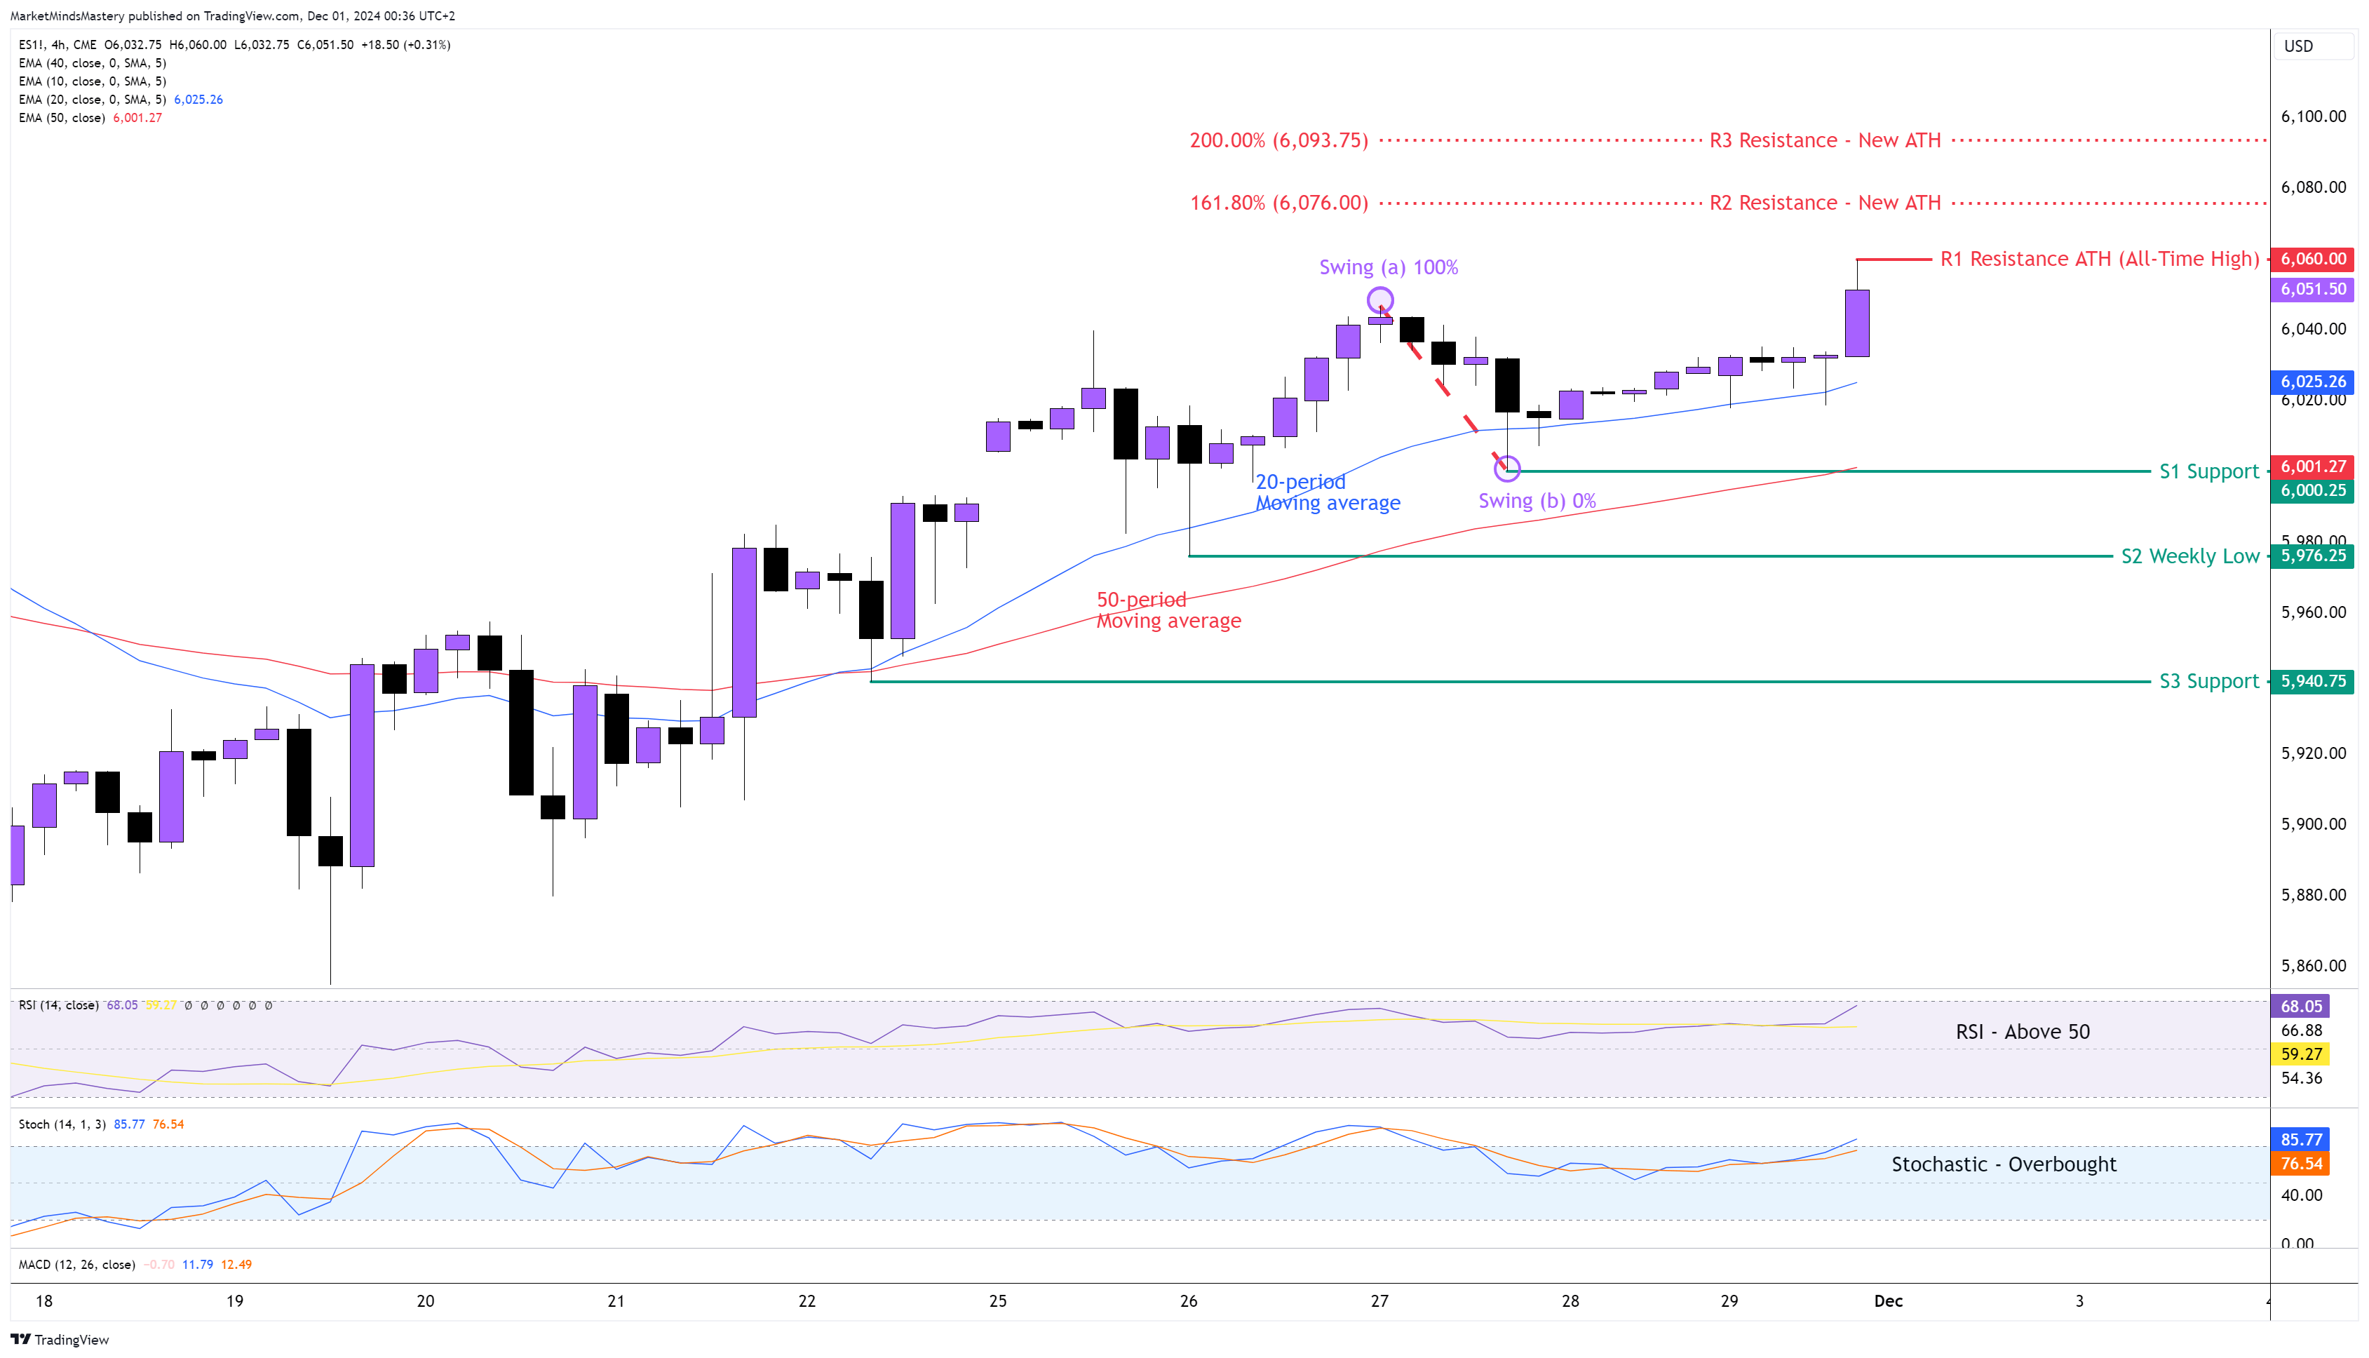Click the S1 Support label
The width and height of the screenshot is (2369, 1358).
click(x=2208, y=472)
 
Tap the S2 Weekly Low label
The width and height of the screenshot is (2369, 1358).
click(x=2189, y=557)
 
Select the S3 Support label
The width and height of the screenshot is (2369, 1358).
click(x=2208, y=682)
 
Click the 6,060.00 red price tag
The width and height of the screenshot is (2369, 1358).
click(x=2311, y=260)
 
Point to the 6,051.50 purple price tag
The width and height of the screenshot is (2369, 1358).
click(x=2311, y=289)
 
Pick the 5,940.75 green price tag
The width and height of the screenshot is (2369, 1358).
click(x=2311, y=682)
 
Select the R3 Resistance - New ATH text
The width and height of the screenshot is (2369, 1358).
click(x=1825, y=141)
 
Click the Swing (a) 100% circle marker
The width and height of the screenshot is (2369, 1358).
click(x=1380, y=300)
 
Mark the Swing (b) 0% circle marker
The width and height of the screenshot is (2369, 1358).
click(x=1506, y=468)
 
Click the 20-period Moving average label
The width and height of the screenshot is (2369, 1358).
click(x=1327, y=492)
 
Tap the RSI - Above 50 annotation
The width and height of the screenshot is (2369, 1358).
click(x=2021, y=1032)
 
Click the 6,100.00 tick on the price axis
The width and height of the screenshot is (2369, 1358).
click(x=2312, y=116)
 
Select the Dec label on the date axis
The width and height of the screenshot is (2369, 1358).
click(x=1888, y=1301)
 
